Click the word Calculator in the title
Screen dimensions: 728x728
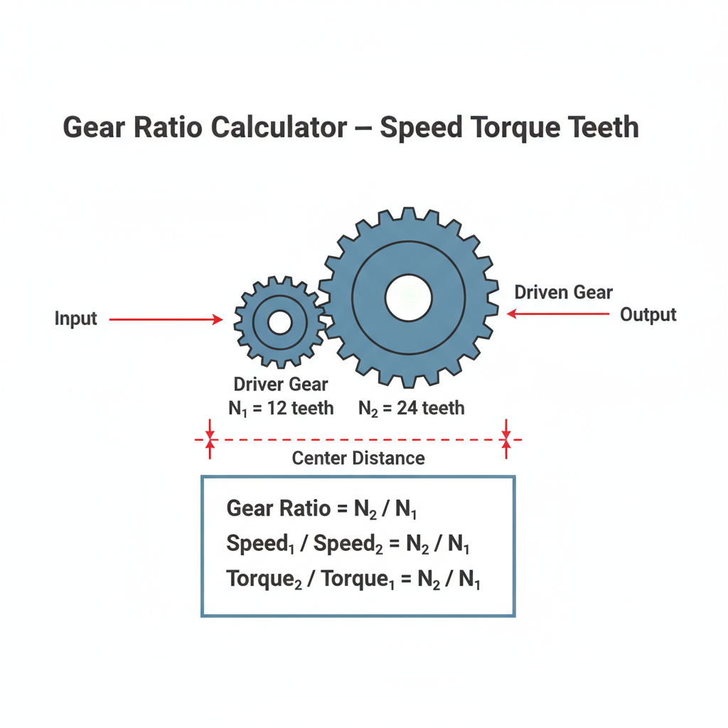[x=279, y=127]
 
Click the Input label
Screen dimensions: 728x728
[x=75, y=319]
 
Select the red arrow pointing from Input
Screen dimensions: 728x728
[x=166, y=319]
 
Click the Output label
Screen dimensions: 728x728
[x=648, y=315]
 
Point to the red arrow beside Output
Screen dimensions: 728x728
[x=557, y=314]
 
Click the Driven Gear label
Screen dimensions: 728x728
[x=564, y=292]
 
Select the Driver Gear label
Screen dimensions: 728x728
[x=281, y=385]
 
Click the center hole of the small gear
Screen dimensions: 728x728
[x=280, y=322]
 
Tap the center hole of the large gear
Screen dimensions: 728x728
[x=409, y=298]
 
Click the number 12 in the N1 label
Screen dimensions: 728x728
[x=277, y=409]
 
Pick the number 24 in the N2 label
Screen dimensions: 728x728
[x=407, y=408]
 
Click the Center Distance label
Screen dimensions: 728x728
[x=358, y=459]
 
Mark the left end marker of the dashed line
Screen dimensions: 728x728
[x=210, y=439]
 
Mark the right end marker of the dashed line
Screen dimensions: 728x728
[x=506, y=439]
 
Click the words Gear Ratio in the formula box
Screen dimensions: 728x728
[x=279, y=508]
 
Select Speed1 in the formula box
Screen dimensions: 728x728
[x=260, y=544]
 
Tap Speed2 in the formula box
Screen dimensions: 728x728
[x=348, y=544]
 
